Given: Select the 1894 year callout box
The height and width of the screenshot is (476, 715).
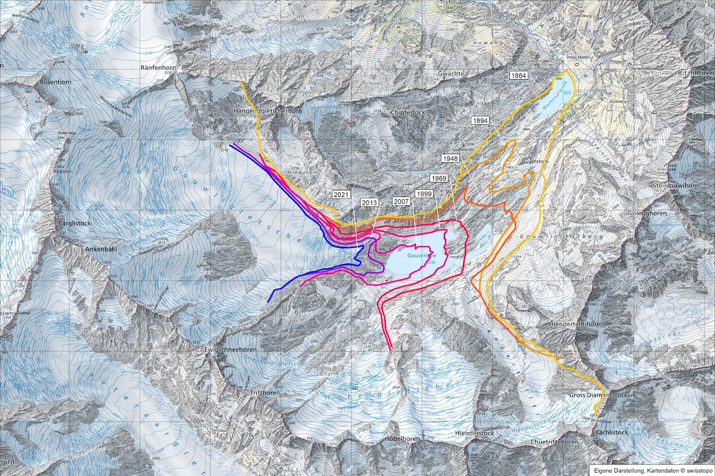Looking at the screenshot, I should (481, 121).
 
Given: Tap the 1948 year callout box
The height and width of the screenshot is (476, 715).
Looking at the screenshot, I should (450, 158).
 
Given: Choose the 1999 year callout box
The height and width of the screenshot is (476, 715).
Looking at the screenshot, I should (423, 194).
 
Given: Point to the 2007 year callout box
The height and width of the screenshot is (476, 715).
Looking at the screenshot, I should (401, 200).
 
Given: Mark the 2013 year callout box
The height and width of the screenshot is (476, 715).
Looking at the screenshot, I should (370, 202).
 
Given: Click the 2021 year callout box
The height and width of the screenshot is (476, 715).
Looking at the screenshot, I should (342, 195).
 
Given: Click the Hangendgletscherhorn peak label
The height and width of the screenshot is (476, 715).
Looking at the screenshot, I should (265, 112).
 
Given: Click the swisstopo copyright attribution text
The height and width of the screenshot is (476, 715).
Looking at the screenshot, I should (651, 470).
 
